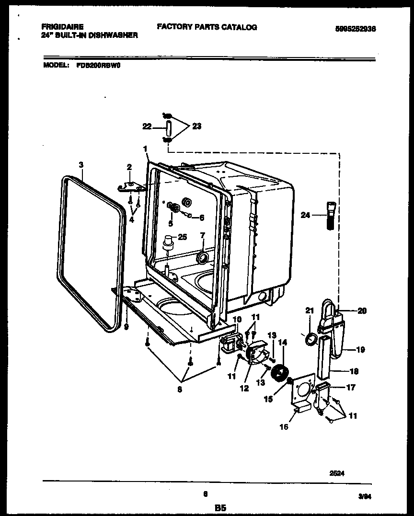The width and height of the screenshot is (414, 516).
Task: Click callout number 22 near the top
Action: (147, 126)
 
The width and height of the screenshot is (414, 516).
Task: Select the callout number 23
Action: (196, 126)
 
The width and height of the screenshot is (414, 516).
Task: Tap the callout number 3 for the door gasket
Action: (81, 164)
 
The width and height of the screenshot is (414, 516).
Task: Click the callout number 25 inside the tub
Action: (182, 237)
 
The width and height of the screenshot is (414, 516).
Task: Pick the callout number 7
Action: (202, 235)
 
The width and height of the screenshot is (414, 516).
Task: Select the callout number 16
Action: (284, 427)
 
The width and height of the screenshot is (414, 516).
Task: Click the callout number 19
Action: (360, 350)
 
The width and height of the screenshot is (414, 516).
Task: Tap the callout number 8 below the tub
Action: (180, 390)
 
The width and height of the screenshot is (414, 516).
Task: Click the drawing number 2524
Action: (337, 472)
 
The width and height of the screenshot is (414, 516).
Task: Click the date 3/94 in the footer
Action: (365, 498)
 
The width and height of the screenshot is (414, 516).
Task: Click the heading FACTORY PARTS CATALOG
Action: (207, 27)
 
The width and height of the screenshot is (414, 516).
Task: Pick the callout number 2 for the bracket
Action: (129, 167)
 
